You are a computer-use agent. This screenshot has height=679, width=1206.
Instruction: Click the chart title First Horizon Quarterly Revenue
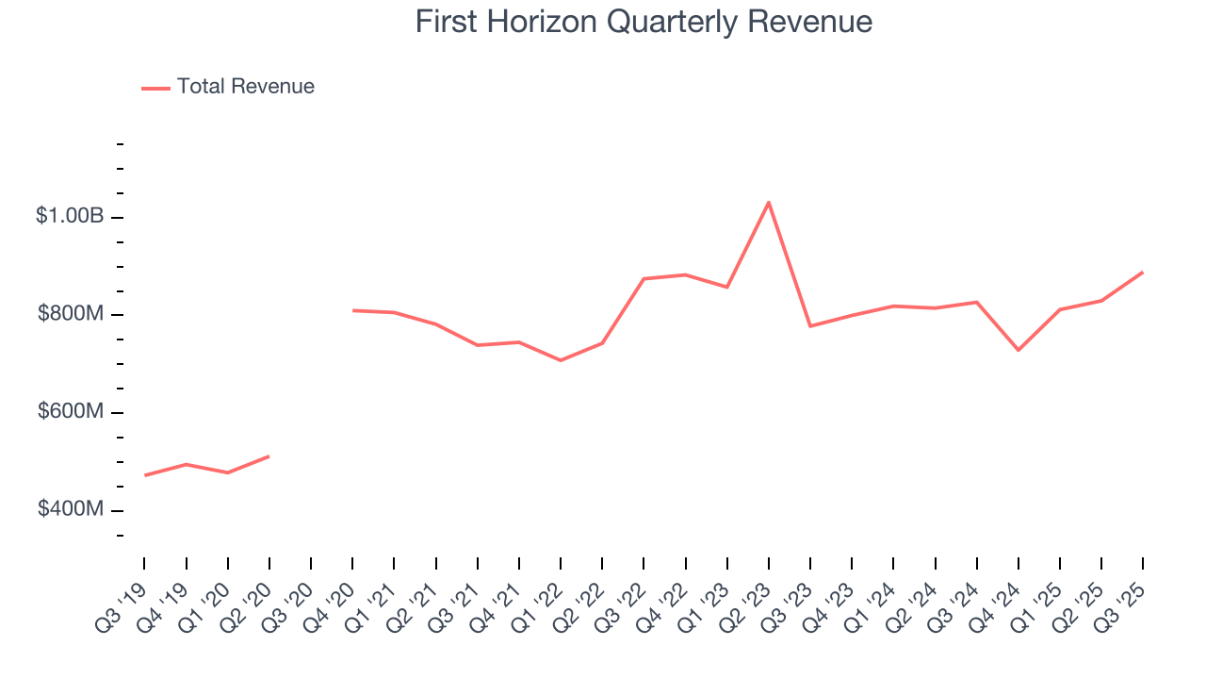[x=644, y=22]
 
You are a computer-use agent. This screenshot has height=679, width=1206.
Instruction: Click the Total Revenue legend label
[x=245, y=87]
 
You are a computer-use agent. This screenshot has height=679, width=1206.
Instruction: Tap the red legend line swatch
[x=155, y=88]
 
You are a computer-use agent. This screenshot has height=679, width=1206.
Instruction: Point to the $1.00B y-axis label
[x=70, y=216]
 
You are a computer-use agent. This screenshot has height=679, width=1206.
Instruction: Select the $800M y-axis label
[x=70, y=313]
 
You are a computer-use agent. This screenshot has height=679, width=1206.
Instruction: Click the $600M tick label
[x=70, y=411]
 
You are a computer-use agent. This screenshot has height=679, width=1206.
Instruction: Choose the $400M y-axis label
[x=70, y=509]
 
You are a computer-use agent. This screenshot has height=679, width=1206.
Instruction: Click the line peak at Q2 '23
[x=769, y=202]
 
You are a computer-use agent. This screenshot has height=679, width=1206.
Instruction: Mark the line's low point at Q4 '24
[x=1019, y=350]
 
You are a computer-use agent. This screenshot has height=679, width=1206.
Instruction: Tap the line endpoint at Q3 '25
[x=1143, y=273]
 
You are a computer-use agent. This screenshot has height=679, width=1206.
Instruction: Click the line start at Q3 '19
[x=145, y=474]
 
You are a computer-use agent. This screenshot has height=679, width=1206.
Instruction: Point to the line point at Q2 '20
[x=269, y=456]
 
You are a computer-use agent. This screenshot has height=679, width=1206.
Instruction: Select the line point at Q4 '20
[x=352, y=310]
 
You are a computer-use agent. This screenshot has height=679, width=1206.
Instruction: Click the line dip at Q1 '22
[x=561, y=360]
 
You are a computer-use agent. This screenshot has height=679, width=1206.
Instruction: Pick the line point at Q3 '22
[x=644, y=278]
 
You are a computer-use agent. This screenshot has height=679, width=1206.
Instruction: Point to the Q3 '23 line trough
[x=810, y=326]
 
